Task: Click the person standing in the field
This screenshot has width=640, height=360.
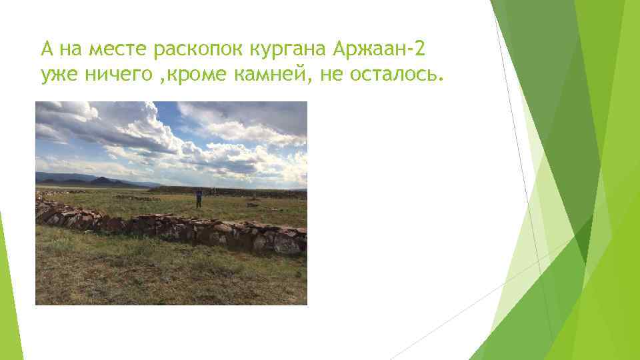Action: point(199,198)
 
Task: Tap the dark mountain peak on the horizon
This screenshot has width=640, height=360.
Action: point(103,179)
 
